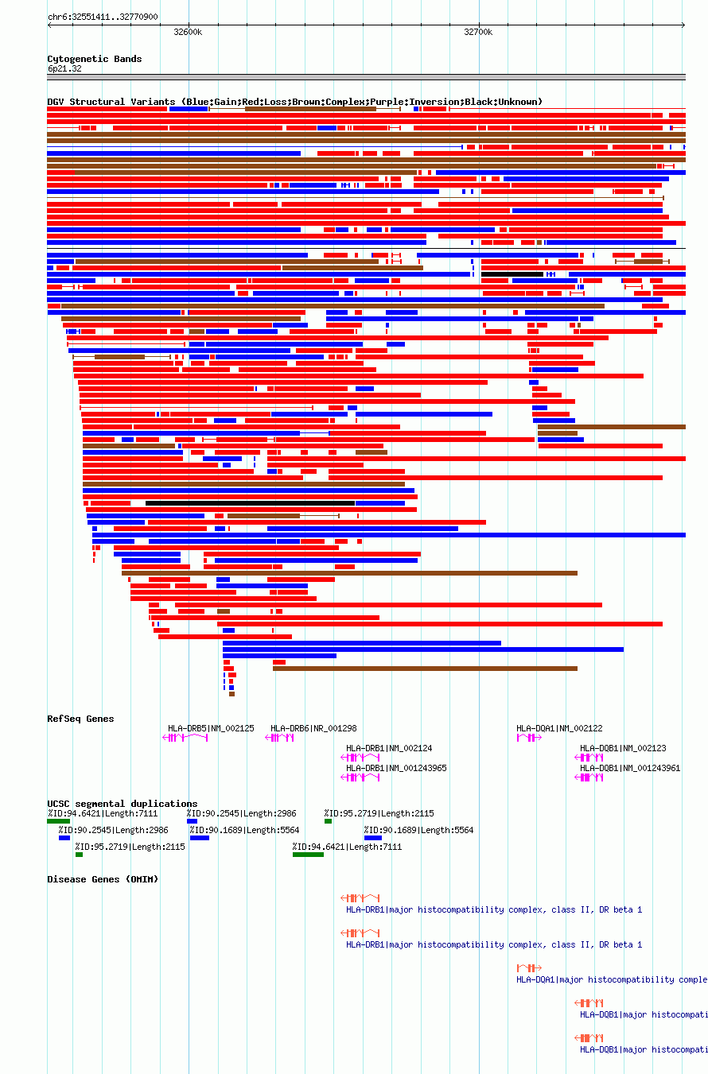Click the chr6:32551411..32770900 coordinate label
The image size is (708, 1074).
(102, 17)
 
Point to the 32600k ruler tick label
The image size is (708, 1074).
(188, 33)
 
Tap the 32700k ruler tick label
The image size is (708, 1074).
(478, 33)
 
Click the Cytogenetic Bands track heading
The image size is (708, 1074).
(94, 59)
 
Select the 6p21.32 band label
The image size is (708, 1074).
(64, 68)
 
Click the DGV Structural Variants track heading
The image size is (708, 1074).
(294, 102)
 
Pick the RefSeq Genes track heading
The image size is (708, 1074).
(80, 719)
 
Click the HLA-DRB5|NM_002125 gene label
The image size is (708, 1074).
(211, 728)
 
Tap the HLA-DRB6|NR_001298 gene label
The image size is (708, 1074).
(313, 728)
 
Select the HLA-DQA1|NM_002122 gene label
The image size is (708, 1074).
(559, 728)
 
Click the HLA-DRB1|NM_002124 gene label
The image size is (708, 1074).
(389, 748)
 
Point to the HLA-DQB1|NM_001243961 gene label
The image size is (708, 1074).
(630, 768)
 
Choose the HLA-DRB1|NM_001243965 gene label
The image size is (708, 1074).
(396, 768)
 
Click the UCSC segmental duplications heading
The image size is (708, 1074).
(122, 804)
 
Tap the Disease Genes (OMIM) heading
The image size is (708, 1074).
(103, 879)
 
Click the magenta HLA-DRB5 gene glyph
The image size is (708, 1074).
(185, 738)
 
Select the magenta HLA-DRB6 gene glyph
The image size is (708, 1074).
(280, 738)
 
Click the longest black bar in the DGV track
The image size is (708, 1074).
(250, 503)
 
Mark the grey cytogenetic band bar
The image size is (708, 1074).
(366, 77)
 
